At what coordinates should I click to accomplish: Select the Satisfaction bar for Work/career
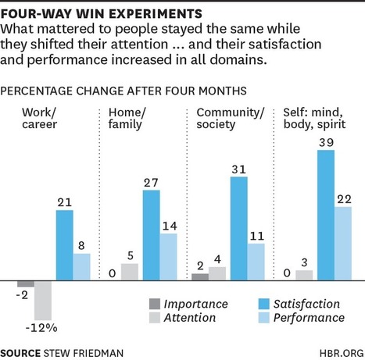pyautogui.click(x=65, y=245)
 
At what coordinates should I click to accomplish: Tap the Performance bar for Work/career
pyautogui.click(x=83, y=267)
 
